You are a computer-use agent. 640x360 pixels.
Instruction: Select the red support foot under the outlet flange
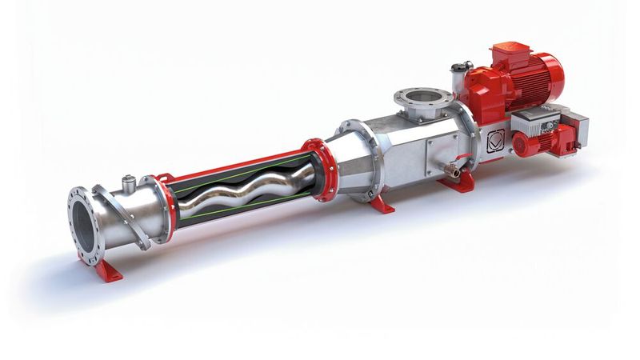coord(109,268)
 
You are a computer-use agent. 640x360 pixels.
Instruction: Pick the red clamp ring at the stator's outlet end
coord(164,206)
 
